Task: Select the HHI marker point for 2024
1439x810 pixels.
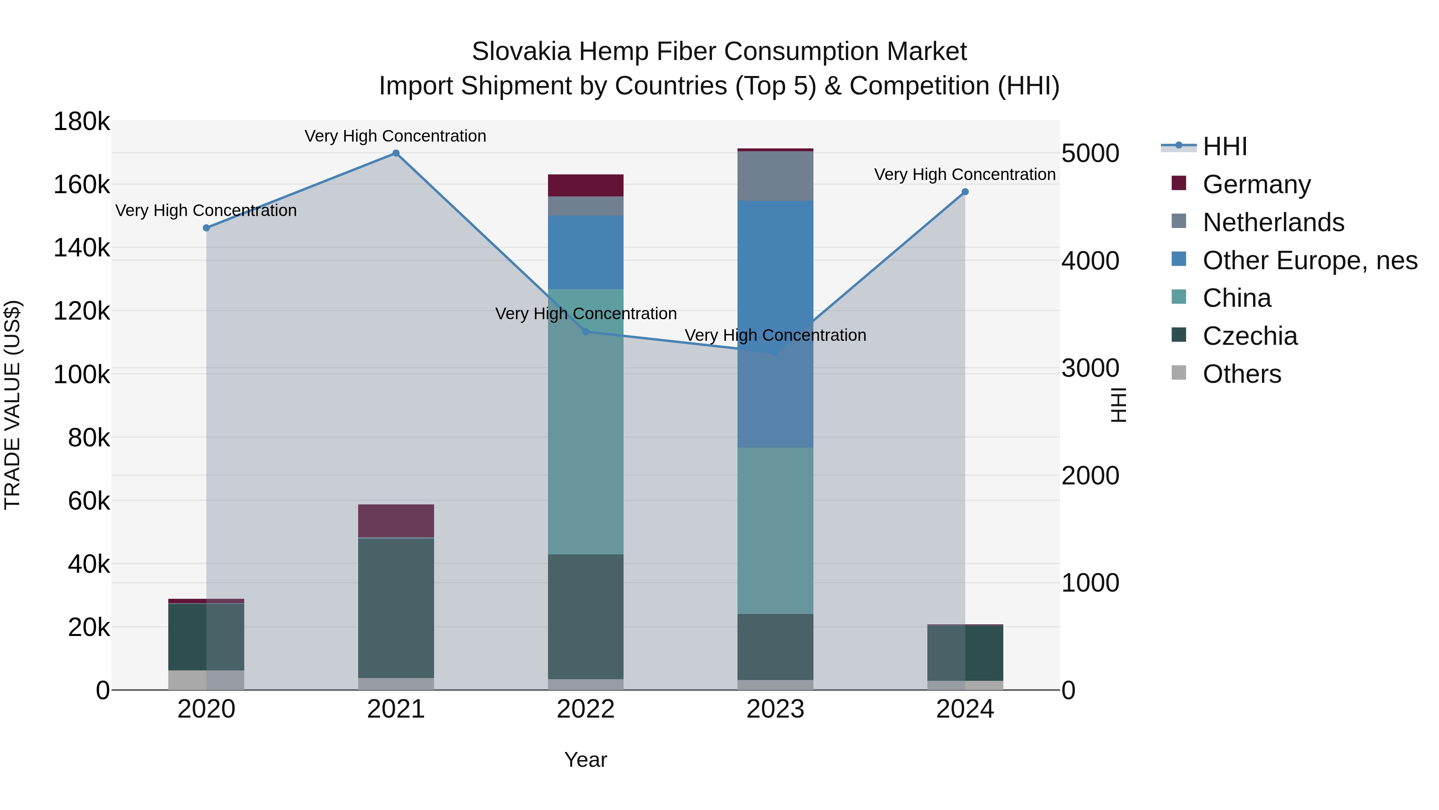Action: pyautogui.click(x=965, y=192)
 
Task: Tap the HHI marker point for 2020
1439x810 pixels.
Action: pyautogui.click(x=206, y=228)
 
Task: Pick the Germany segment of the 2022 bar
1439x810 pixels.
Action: pyautogui.click(x=586, y=186)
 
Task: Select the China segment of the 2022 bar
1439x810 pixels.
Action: pyautogui.click(x=586, y=422)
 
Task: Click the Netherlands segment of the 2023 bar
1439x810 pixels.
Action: pyautogui.click(x=775, y=176)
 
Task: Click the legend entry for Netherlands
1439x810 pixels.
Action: pyautogui.click(x=1273, y=222)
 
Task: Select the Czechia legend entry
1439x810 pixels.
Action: pyautogui.click(x=1250, y=336)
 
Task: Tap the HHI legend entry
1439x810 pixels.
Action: pyautogui.click(x=1224, y=146)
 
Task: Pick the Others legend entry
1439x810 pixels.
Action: pyautogui.click(x=1241, y=374)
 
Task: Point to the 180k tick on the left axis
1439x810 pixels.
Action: pyautogui.click(x=82, y=122)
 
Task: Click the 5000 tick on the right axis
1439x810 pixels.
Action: pyautogui.click(x=1090, y=153)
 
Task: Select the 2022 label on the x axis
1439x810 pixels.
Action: pyautogui.click(x=586, y=709)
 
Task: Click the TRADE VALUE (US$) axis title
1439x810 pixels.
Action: pyautogui.click(x=12, y=405)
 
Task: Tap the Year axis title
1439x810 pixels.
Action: pyautogui.click(x=586, y=760)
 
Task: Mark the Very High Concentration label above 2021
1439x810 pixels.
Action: pyautogui.click(x=395, y=136)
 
